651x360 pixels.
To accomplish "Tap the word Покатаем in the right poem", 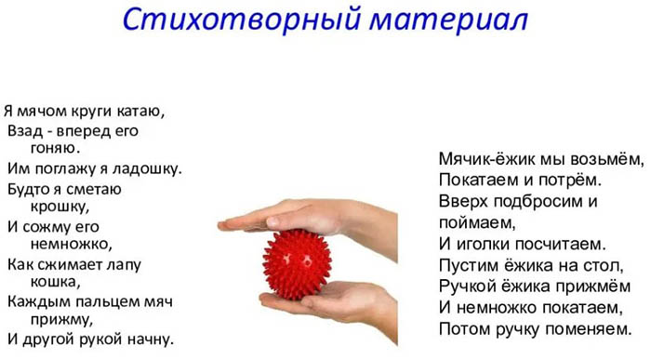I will (x=477, y=180).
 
